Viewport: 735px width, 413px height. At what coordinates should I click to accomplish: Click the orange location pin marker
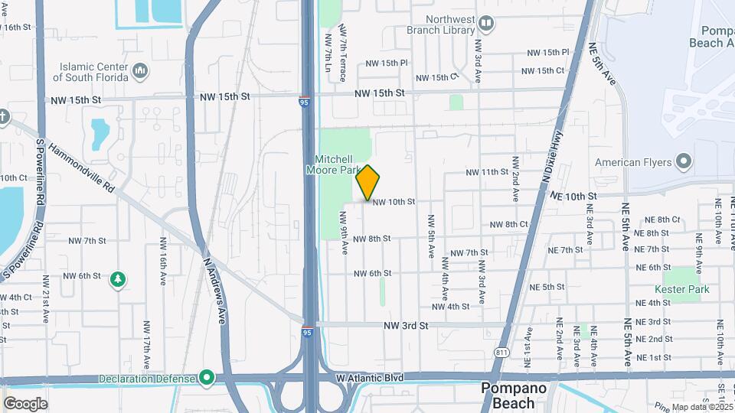[367, 182]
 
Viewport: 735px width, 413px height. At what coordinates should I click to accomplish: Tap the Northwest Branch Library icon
[486, 23]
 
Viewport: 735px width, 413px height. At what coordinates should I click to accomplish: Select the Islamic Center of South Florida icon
[140, 71]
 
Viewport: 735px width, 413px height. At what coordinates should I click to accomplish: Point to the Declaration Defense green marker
[206, 377]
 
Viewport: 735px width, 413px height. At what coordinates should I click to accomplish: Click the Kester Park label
[681, 289]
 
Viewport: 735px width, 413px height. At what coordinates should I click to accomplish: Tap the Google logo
[26, 403]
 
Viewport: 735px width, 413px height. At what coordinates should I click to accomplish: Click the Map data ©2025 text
[701, 407]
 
